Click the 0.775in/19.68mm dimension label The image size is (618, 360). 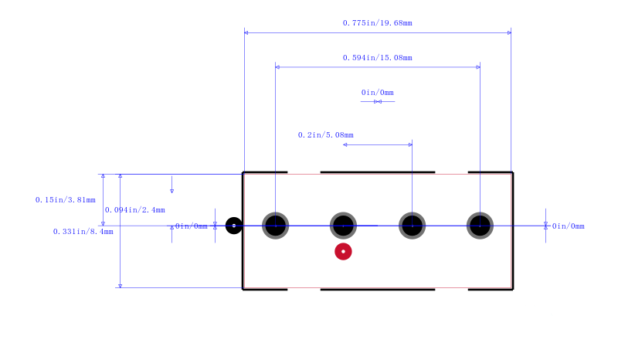click(x=377, y=23)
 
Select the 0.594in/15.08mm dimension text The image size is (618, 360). click(x=377, y=58)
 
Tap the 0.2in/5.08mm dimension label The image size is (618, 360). click(x=325, y=135)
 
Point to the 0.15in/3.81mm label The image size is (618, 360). click(x=66, y=200)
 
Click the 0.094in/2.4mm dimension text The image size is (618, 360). click(x=134, y=210)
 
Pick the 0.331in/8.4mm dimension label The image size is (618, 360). click(x=83, y=232)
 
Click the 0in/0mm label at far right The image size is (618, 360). click(x=568, y=226)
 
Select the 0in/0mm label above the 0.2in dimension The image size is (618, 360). click(x=377, y=92)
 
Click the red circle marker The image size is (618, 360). click(x=343, y=252)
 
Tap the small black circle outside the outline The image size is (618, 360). click(x=234, y=226)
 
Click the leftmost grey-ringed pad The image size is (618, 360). click(x=276, y=226)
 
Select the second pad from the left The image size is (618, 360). click(x=343, y=226)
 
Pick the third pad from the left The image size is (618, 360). click(x=412, y=226)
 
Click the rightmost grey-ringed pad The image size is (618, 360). click(x=480, y=226)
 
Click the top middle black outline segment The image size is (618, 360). click(x=378, y=172)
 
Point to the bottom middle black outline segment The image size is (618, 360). click(x=378, y=290)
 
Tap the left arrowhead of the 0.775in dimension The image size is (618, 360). click(x=246, y=32)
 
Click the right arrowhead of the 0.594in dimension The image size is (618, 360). click(x=478, y=67)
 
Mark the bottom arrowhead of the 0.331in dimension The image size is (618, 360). click(x=121, y=286)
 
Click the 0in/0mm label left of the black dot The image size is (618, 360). click(x=191, y=226)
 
